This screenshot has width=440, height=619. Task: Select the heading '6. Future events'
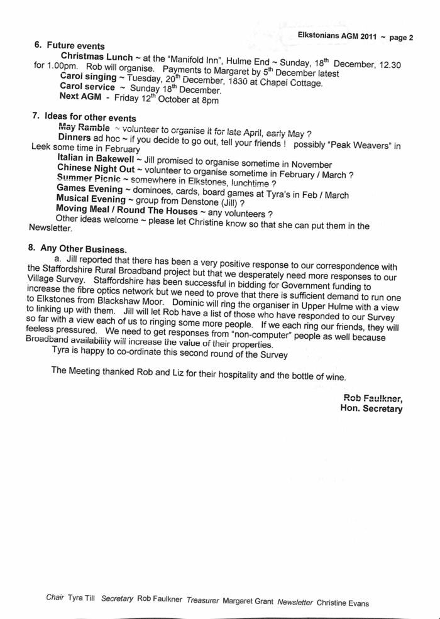pos(69,45)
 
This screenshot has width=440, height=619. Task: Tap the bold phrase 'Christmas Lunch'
pos(96,57)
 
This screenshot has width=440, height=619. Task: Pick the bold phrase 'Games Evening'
pos(89,189)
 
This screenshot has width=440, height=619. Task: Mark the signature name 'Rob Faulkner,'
pos(373,398)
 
